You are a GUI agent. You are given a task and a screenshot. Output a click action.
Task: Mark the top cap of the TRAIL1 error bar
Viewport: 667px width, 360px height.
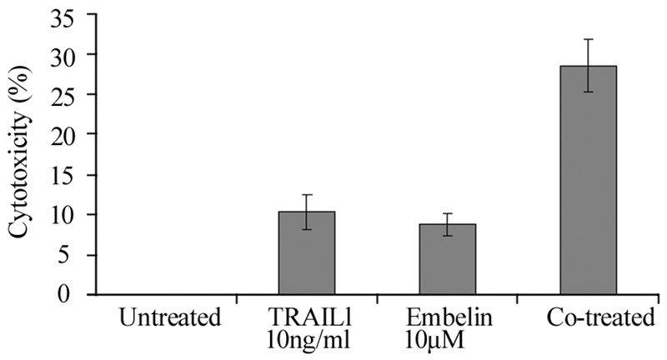click(x=308, y=195)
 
